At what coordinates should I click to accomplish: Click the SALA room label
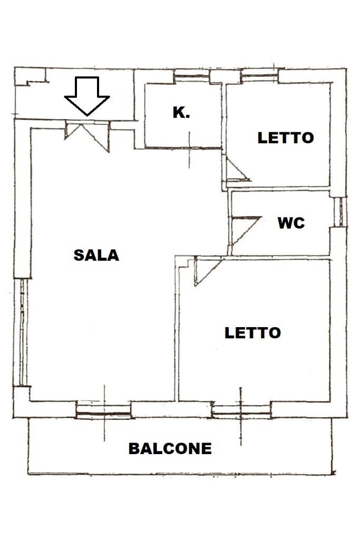point(96,255)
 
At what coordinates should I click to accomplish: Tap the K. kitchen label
point(181,112)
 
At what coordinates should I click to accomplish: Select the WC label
point(291,223)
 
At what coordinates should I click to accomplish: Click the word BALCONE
point(170,448)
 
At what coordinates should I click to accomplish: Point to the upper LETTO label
point(285,138)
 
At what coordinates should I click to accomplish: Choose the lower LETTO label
point(252,333)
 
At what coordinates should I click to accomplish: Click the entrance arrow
point(87,95)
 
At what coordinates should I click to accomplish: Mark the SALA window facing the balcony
point(103,410)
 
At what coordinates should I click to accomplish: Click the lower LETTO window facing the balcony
point(241,409)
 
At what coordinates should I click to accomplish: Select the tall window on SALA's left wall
point(23,332)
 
